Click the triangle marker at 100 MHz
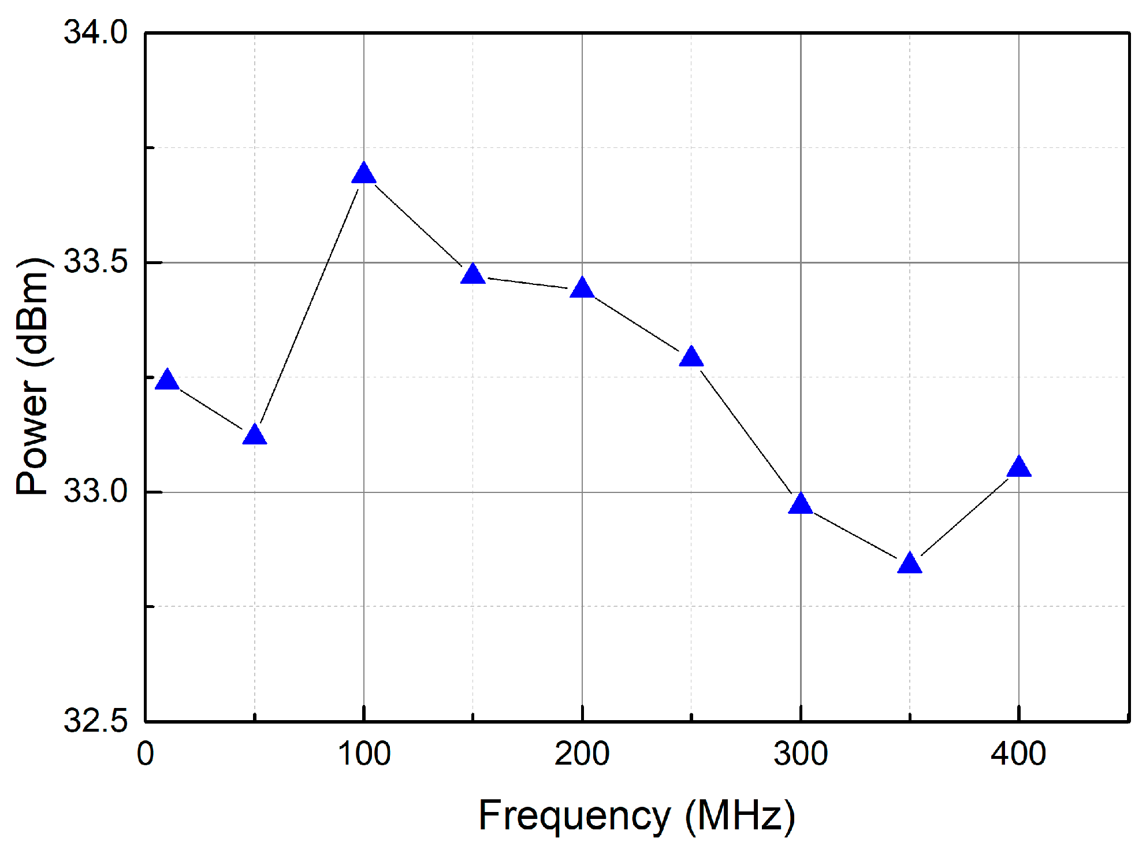[x=363, y=174]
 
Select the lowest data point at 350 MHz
[x=910, y=563]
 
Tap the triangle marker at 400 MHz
[x=1019, y=467]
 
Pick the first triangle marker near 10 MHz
[x=167, y=380]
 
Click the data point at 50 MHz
[x=255, y=435]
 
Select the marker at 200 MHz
[x=582, y=288]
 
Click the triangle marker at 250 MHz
[x=691, y=357]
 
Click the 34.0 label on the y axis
[x=95, y=32]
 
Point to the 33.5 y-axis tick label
[x=95, y=262]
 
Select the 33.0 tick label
[x=95, y=491]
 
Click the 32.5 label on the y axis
[x=95, y=721]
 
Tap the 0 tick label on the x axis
[x=146, y=754]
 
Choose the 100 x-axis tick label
[x=364, y=754]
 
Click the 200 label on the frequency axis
[x=582, y=754]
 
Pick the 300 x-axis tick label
[x=801, y=754]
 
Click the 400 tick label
[x=1018, y=754]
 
